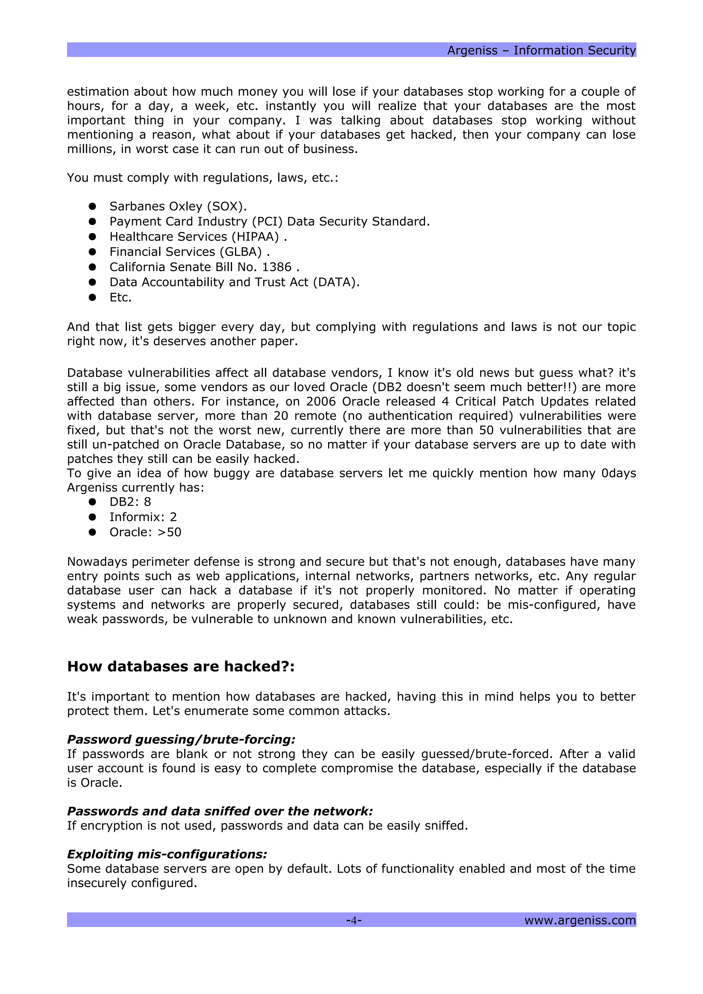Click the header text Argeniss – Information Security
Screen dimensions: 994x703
coord(541,51)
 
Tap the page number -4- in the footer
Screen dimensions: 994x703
coord(354,920)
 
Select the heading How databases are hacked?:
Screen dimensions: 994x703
coord(181,667)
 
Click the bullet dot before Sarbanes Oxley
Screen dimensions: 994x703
coord(92,206)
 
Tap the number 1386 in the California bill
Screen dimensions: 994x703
coord(277,267)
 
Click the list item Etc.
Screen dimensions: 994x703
coord(120,297)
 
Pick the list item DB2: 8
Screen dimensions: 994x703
coord(130,502)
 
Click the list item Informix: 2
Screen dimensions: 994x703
coord(143,517)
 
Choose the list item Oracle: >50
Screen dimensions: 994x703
coord(145,532)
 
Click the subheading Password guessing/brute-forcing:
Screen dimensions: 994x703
coord(181,739)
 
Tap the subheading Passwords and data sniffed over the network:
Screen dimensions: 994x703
coord(220,811)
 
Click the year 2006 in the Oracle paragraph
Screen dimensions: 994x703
coord(321,402)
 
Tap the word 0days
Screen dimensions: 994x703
coord(618,473)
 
